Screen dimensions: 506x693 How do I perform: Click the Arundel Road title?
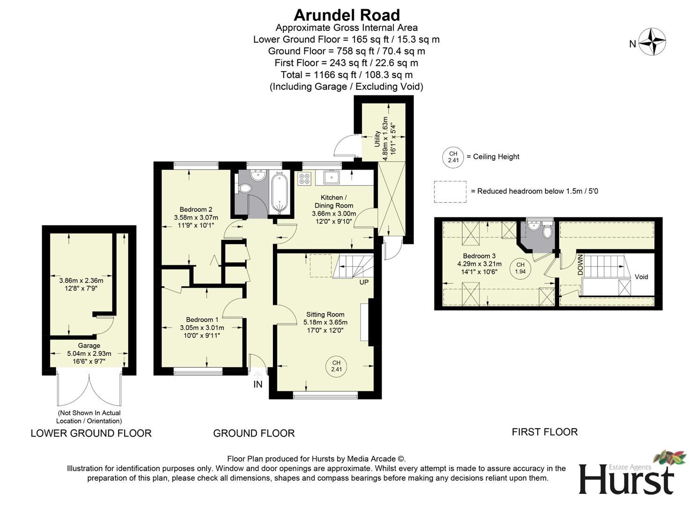click(346, 15)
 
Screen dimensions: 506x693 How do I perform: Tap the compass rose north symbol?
click(652, 42)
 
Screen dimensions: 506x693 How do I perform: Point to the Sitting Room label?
click(325, 314)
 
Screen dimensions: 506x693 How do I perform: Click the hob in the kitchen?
click(304, 179)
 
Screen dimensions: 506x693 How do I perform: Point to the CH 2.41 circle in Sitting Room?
click(336, 366)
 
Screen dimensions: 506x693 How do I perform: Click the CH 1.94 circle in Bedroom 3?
click(520, 268)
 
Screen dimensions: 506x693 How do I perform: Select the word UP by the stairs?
click(364, 283)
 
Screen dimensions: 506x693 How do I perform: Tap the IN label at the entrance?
click(258, 385)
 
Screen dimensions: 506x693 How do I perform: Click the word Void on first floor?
click(641, 277)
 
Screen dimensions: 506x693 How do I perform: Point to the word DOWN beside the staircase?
click(580, 265)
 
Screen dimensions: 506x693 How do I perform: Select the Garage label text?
click(89, 345)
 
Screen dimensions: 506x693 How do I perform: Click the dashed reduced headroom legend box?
click(450, 192)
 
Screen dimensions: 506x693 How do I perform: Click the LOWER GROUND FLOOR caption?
click(91, 433)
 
